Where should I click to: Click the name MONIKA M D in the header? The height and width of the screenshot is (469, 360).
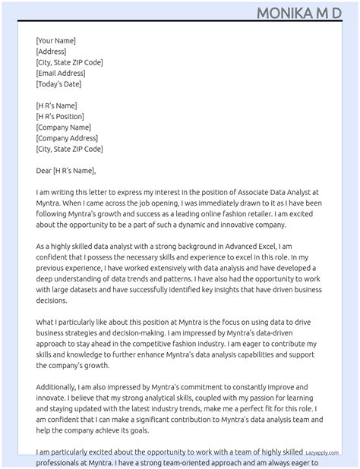(298, 13)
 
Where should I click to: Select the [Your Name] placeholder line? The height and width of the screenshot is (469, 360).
(55, 41)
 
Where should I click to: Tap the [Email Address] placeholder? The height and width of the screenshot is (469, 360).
(61, 74)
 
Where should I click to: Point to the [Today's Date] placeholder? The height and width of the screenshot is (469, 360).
(59, 84)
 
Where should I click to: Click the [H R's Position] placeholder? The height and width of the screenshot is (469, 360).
(60, 117)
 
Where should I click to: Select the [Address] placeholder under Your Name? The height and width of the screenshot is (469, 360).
(51, 52)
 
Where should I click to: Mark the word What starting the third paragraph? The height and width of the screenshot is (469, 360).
(45, 322)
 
